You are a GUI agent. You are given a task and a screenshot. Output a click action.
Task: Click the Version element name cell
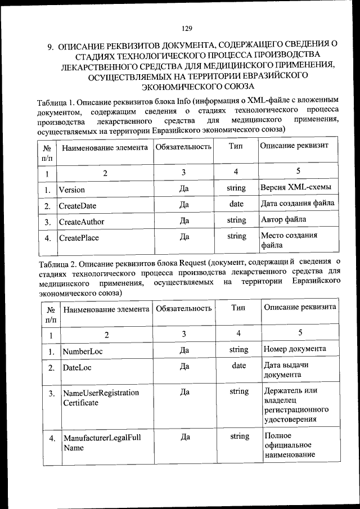tap(71, 190)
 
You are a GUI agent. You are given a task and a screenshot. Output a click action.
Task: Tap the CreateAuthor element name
tap(81, 222)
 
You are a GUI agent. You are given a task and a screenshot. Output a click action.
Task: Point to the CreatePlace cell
tap(79, 238)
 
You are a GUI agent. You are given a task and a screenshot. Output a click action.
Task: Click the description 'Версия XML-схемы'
tap(295, 187)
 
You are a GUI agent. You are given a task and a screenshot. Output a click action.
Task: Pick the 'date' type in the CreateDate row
tap(236, 204)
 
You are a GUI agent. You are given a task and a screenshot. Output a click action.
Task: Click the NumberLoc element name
tap(83, 352)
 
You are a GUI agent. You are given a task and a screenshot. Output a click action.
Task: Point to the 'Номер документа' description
tap(295, 349)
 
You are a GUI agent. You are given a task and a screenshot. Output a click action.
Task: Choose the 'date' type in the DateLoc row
tap(239, 366)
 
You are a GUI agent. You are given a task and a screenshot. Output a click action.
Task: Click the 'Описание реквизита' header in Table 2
tap(300, 307)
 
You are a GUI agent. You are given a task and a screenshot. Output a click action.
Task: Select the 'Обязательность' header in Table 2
tap(184, 308)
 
